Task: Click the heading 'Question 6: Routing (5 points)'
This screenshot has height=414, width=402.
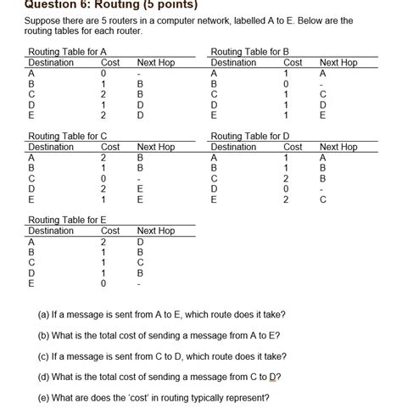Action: coord(100,4)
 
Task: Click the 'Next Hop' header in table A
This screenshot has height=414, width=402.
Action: coord(155,63)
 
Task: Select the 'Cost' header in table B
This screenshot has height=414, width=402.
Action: coord(293,63)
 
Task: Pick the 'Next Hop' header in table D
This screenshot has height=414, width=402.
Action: coord(338,147)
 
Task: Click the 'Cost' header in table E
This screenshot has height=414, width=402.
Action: coord(110,231)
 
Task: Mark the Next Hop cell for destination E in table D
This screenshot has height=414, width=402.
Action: coord(322,200)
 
